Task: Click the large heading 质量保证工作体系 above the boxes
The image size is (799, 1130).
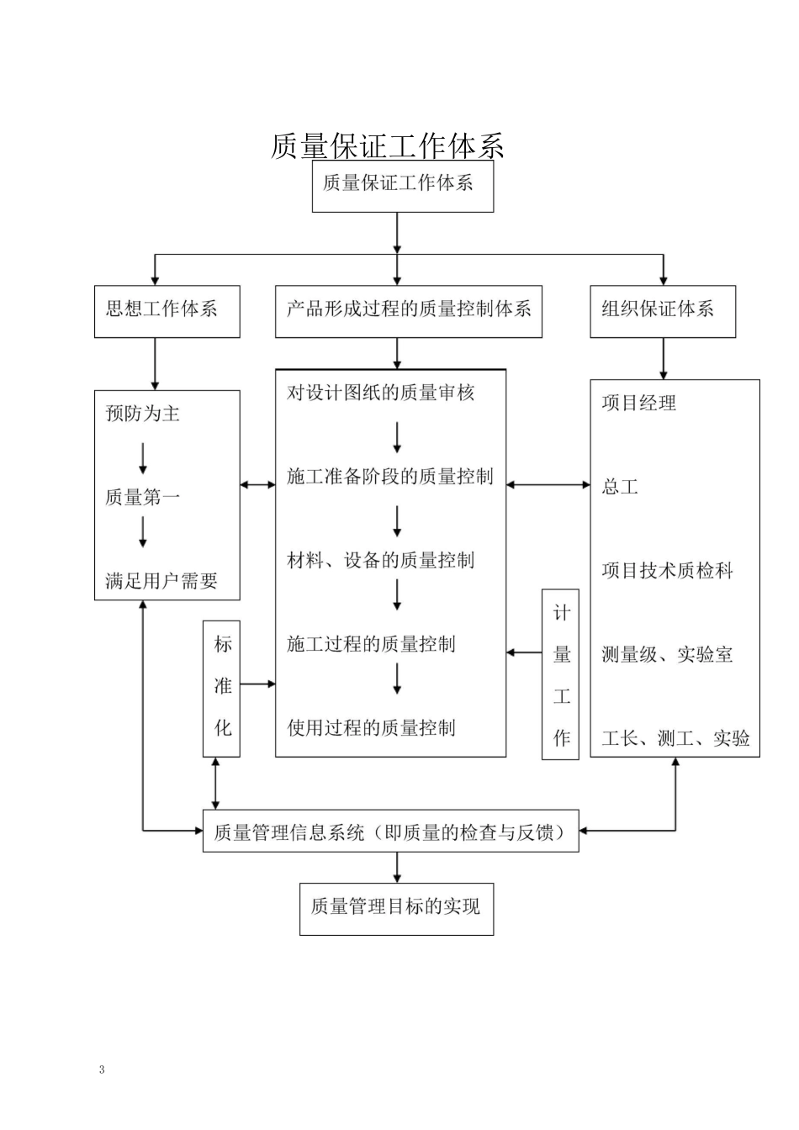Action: pyautogui.click(x=388, y=146)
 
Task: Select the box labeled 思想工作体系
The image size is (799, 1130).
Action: pyautogui.click(x=167, y=311)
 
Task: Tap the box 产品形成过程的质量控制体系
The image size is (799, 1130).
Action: pyautogui.click(x=408, y=311)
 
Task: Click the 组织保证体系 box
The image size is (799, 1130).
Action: pyautogui.click(x=662, y=311)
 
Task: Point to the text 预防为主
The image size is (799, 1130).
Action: pyautogui.click(x=142, y=414)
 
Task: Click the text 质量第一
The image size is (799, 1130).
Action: pyautogui.click(x=142, y=498)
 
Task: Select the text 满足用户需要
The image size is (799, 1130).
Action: pyautogui.click(x=161, y=581)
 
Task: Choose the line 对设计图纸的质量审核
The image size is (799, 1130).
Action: pyautogui.click(x=381, y=393)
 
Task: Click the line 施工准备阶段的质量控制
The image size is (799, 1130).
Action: pyautogui.click(x=389, y=477)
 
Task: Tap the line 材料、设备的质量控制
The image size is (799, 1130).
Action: pyautogui.click(x=381, y=561)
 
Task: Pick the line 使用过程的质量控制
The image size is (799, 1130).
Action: pyautogui.click(x=371, y=728)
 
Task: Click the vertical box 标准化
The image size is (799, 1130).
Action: pyautogui.click(x=222, y=688)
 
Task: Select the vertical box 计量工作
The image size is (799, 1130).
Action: pyautogui.click(x=561, y=674)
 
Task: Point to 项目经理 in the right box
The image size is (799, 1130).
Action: pyautogui.click(x=638, y=404)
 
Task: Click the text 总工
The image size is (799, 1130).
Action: pyautogui.click(x=620, y=487)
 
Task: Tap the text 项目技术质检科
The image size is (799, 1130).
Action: pyautogui.click(x=667, y=572)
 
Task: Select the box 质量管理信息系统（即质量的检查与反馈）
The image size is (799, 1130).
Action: pyautogui.click(x=390, y=832)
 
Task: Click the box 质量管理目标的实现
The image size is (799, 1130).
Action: pyautogui.click(x=396, y=908)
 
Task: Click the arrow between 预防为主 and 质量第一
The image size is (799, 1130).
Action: pyautogui.click(x=143, y=458)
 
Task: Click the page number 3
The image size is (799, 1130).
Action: pyautogui.click(x=102, y=1070)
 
